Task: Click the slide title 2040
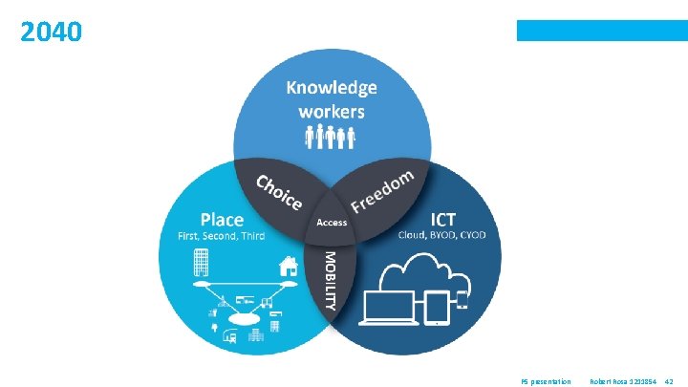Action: (52, 32)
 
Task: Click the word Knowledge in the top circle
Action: (332, 88)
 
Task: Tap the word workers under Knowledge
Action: (332, 111)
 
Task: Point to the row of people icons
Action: (331, 139)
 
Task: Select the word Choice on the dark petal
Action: (278, 194)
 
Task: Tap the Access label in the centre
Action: (332, 223)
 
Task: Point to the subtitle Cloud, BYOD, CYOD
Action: (442, 234)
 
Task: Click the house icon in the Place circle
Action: (287, 263)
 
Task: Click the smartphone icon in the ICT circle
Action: (462, 300)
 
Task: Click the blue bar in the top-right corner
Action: (602, 31)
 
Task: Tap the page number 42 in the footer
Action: (669, 381)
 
